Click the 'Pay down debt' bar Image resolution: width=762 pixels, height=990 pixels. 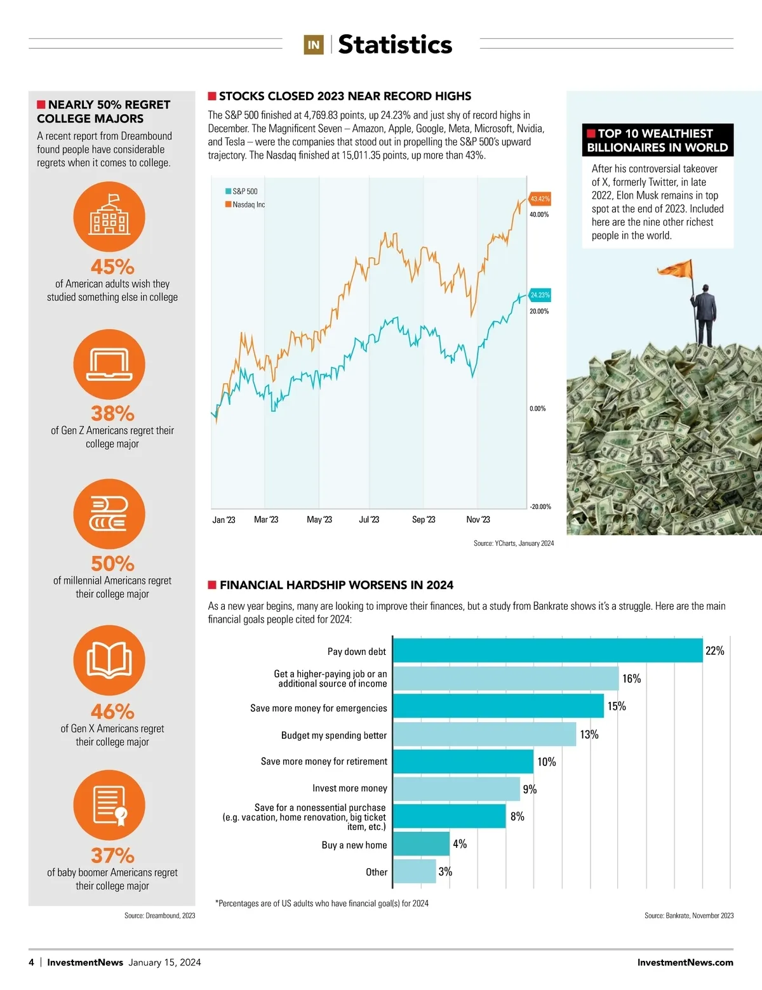(547, 650)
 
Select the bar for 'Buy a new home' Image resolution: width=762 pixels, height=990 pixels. (421, 844)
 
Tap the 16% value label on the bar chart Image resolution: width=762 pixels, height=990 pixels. (631, 678)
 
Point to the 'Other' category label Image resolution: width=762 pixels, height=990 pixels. (377, 872)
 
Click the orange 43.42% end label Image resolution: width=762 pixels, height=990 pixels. (540, 199)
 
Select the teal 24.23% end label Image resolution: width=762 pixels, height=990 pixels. (540, 295)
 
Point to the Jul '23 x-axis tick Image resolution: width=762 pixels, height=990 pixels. (369, 520)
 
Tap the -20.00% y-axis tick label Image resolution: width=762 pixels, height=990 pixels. (540, 506)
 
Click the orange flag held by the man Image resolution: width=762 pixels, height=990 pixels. (676, 269)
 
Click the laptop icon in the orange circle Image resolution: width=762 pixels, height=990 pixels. (109, 364)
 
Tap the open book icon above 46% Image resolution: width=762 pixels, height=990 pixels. (109, 660)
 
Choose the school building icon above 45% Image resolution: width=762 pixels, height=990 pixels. (109, 216)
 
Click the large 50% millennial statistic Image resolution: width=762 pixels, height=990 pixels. (112, 563)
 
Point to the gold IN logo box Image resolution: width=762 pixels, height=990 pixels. (314, 44)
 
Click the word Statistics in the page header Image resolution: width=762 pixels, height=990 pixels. (395, 44)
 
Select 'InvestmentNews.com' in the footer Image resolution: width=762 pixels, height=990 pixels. (685, 962)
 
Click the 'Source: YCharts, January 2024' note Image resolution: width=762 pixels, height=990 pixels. (513, 543)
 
